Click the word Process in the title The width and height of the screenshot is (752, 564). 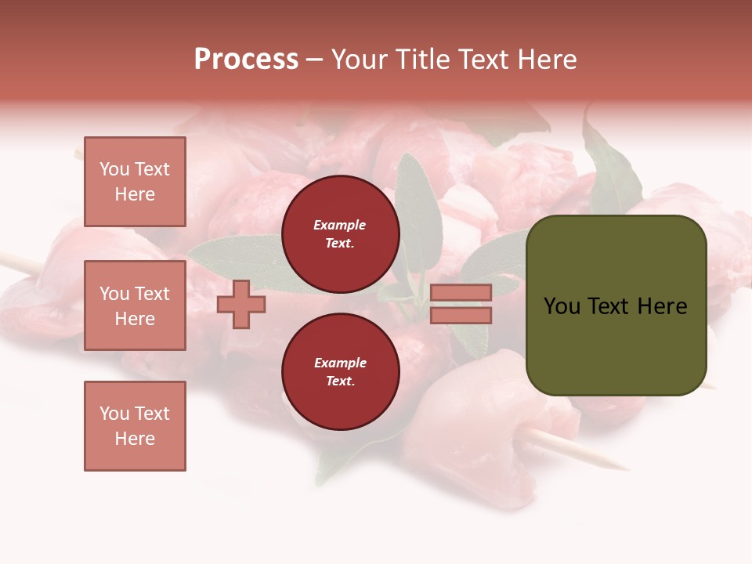[246, 59]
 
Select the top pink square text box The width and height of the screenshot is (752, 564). [135, 182]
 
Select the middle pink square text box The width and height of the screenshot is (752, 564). [135, 305]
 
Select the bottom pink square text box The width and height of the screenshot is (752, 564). [135, 426]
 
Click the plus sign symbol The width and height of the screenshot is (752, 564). [240, 304]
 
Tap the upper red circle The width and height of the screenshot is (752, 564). [340, 233]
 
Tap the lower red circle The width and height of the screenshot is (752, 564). [340, 371]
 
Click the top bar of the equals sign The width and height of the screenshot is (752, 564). [461, 292]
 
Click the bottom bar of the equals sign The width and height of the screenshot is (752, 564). [461, 315]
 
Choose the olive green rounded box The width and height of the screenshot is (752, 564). [616, 305]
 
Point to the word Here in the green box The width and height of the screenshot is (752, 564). [662, 306]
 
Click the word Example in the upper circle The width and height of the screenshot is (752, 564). [339, 225]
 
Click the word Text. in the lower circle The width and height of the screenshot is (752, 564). [339, 381]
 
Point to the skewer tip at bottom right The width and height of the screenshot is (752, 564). [624, 468]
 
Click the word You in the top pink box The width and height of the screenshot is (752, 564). [114, 169]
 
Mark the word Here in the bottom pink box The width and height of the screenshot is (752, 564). [135, 439]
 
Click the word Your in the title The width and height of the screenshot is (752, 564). [357, 59]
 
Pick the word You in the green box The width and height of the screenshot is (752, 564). [562, 306]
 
